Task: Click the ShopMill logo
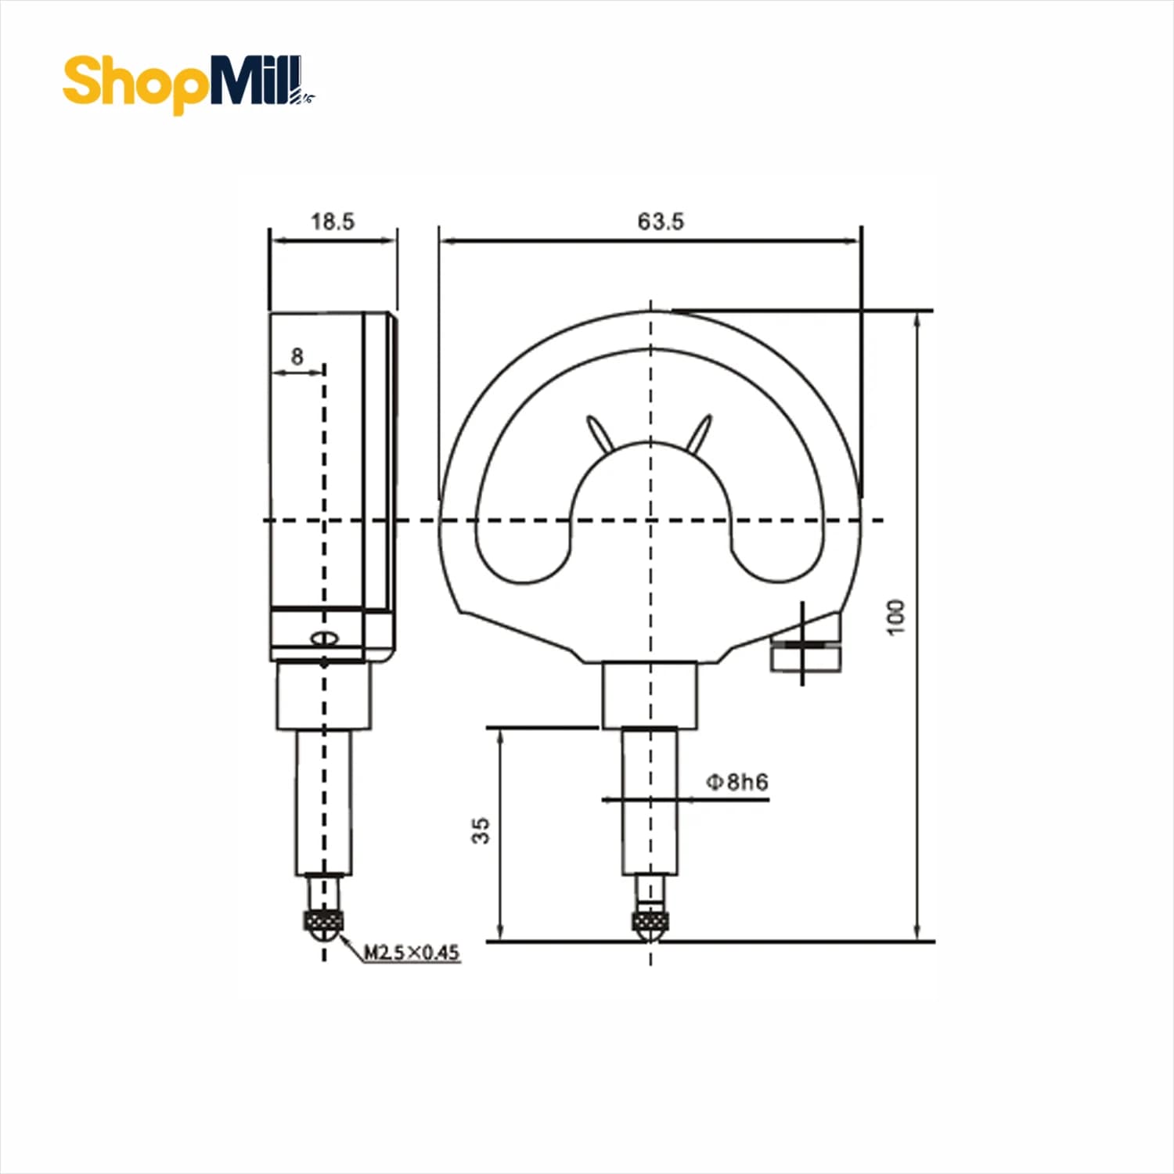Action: point(189,83)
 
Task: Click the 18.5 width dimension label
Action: point(333,221)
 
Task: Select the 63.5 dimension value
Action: point(661,221)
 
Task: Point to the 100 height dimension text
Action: point(897,618)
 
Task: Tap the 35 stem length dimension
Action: point(481,830)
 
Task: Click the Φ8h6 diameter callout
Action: point(736,782)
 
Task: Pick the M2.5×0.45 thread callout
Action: point(412,953)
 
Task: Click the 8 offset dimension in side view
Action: point(297,356)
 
